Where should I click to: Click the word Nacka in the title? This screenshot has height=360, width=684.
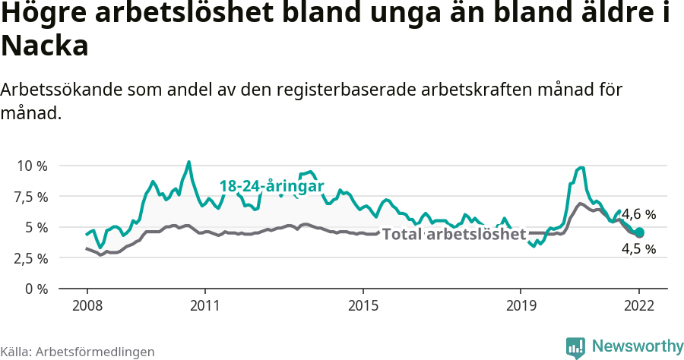(x=46, y=46)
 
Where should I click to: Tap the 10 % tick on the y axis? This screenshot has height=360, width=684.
(x=31, y=166)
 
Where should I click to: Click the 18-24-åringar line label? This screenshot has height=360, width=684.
(x=272, y=186)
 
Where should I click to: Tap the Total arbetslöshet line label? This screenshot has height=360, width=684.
(x=454, y=234)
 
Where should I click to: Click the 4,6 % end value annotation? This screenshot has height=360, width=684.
(x=639, y=215)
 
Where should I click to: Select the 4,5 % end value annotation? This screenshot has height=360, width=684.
(x=639, y=249)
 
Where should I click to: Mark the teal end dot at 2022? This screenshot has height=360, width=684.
(x=639, y=232)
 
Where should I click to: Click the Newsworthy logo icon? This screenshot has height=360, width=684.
(x=575, y=347)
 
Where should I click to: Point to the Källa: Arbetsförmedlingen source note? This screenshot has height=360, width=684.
(x=78, y=352)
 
